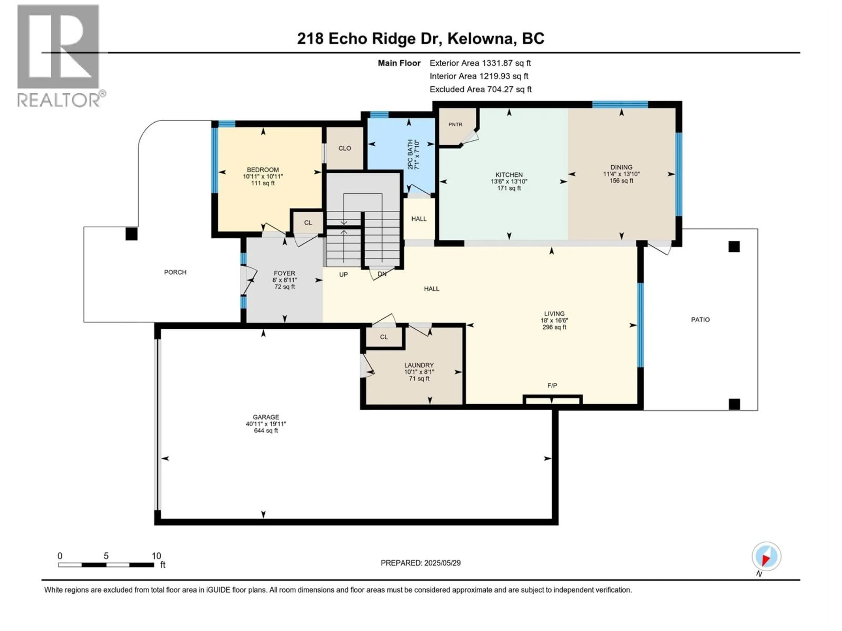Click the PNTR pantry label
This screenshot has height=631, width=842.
coord(455,124)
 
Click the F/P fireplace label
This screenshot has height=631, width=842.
coord(552,386)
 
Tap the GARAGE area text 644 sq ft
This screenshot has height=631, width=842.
coord(266,431)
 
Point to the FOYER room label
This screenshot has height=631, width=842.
coord(284,273)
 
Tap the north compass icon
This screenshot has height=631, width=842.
coord(766,557)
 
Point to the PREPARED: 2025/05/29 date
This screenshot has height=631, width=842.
coord(421,563)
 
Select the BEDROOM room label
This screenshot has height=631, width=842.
coord(263,170)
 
